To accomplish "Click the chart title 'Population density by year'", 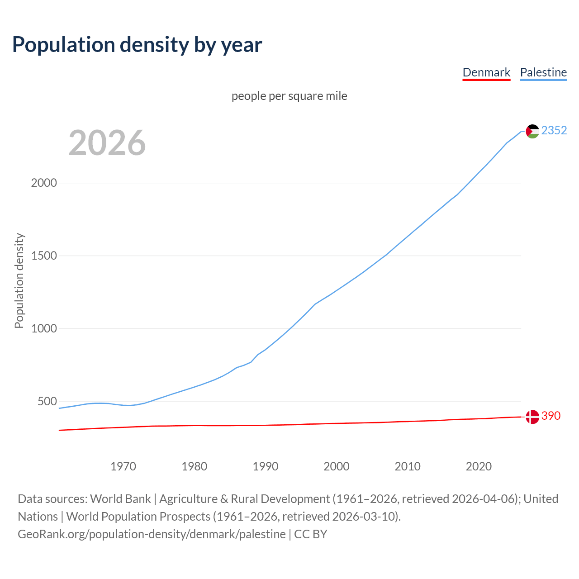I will [x=137, y=44].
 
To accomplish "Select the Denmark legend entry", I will [x=486, y=72].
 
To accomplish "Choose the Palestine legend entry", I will [x=543, y=72].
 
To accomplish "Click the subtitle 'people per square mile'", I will [x=289, y=96].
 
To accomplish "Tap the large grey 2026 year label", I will [x=107, y=143].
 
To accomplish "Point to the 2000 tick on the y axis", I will [x=44, y=183].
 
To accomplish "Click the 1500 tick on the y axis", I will [x=44, y=256].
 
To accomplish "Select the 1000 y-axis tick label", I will [x=44, y=328].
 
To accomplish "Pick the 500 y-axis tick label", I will [x=47, y=401].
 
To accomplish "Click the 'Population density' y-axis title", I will [x=19, y=280].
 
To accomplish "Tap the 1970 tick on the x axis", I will [x=123, y=466].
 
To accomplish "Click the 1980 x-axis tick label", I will [x=194, y=466].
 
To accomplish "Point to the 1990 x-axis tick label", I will [x=266, y=466].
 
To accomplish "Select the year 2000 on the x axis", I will [x=337, y=466].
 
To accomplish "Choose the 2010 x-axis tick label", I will [x=408, y=466].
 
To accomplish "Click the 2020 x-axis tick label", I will [x=479, y=466].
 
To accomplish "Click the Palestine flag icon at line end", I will [x=532, y=131].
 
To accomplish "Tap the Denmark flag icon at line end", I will [x=532, y=417].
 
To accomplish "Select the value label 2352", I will [x=554, y=130].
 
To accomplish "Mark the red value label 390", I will [x=551, y=416].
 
